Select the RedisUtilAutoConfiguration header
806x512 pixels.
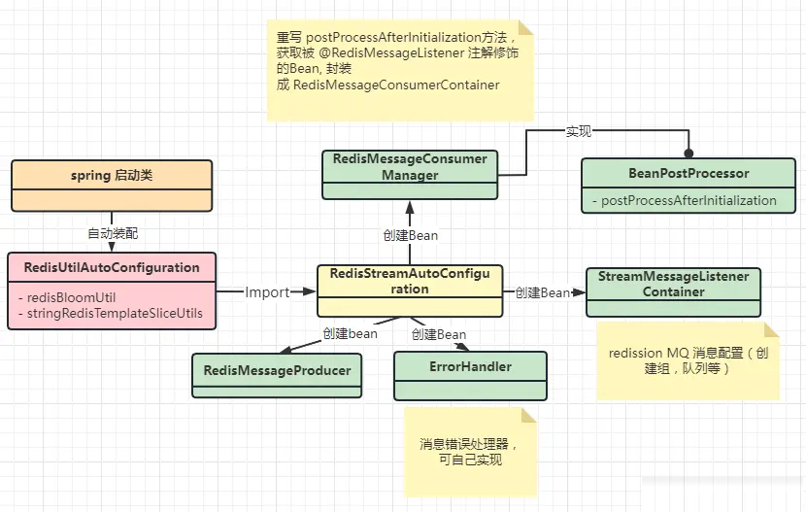pos(111,267)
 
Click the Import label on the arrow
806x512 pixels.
pos(266,291)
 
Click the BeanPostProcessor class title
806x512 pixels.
pos(688,173)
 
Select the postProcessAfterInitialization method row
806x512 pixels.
pos(688,200)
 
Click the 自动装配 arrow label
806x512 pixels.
pos(111,233)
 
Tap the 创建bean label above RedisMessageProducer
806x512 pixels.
pos(350,333)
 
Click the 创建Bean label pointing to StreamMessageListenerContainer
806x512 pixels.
pos(542,291)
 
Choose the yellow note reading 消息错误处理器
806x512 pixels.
pos(470,453)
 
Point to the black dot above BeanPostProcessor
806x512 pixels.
pos(688,153)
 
